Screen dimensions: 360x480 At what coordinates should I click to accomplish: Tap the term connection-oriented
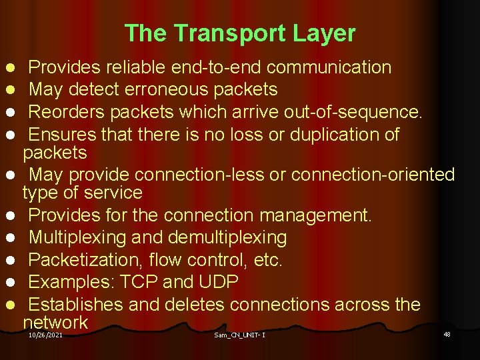(x=373, y=175)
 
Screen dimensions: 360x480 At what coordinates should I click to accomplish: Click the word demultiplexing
(x=228, y=237)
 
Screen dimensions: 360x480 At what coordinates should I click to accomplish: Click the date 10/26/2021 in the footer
(x=45, y=335)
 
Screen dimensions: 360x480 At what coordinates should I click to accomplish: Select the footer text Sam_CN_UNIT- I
(x=239, y=335)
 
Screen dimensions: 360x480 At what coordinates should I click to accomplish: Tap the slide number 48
(x=447, y=334)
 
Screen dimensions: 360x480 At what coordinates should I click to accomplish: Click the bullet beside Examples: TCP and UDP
(x=11, y=283)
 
